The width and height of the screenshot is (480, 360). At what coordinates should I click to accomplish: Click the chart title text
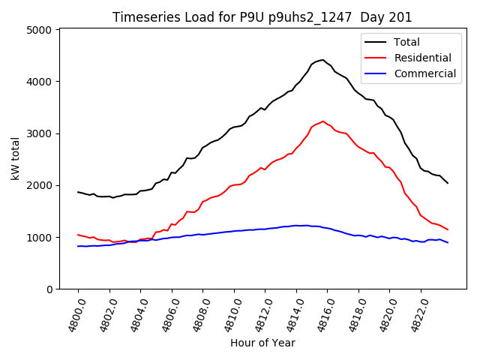[x=262, y=16]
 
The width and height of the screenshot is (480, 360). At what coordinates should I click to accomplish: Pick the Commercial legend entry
[x=424, y=73]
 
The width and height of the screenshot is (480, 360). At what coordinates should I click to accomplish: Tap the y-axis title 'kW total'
[x=16, y=158]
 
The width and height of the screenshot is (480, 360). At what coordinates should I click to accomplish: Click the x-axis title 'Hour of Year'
[x=262, y=343]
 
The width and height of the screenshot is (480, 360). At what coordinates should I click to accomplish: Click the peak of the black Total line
[x=322, y=60]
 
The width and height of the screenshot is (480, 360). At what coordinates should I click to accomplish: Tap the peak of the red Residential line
[x=323, y=121]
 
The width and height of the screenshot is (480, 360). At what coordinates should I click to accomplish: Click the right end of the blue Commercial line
[x=448, y=242]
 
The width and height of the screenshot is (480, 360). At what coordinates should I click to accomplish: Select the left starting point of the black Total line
[x=78, y=192]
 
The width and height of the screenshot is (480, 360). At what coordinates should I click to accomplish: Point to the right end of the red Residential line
[x=448, y=229]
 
